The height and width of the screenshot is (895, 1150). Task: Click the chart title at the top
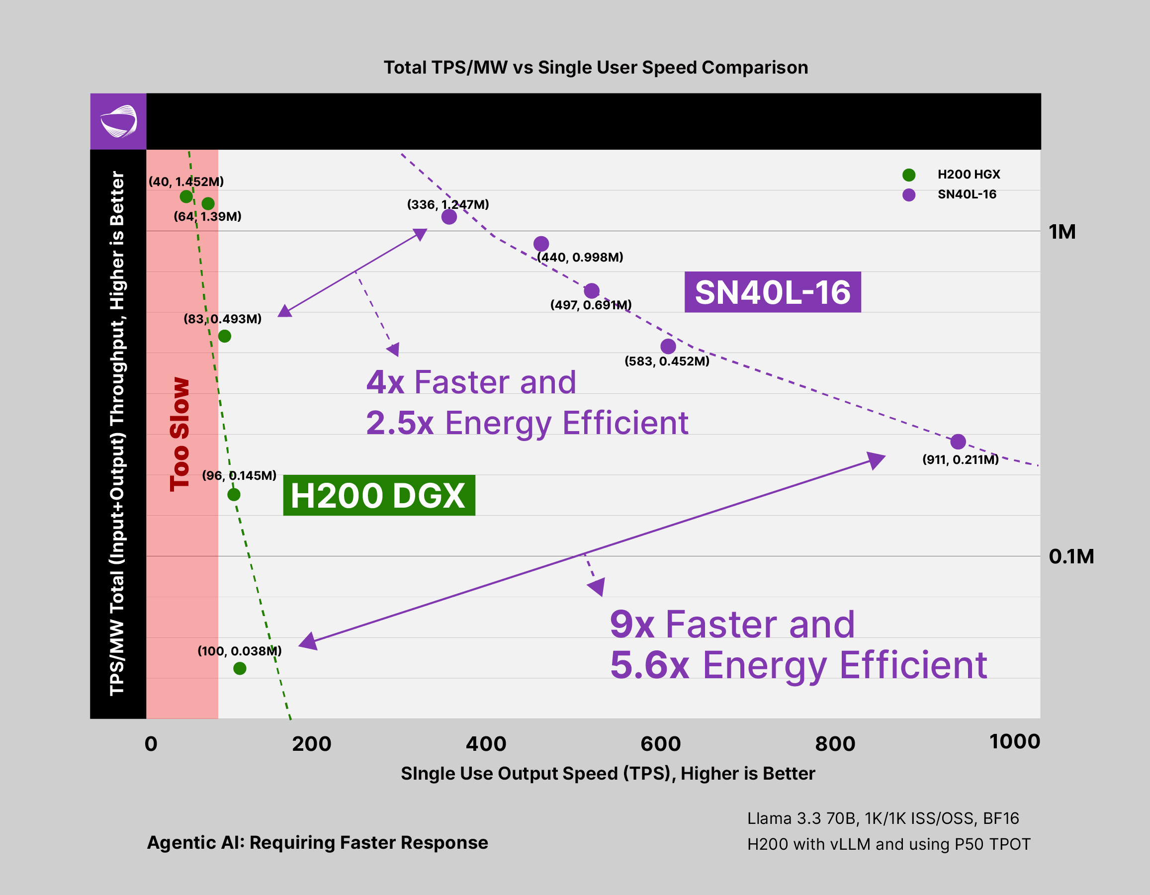(596, 68)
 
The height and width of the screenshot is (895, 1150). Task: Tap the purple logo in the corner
(118, 122)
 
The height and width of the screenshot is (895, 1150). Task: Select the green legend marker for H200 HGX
(909, 175)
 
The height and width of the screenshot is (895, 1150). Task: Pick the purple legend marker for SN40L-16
(909, 195)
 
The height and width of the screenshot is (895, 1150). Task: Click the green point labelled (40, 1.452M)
(186, 196)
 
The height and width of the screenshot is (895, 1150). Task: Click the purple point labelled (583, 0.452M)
(668, 347)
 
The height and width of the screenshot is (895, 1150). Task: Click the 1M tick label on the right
(1062, 232)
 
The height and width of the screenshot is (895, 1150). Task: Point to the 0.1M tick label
(1071, 556)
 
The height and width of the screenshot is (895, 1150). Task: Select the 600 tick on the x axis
(660, 744)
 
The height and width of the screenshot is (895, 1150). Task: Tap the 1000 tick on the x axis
(1015, 742)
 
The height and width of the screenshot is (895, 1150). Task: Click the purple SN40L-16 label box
(773, 292)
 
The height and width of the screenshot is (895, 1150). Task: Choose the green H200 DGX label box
(378, 495)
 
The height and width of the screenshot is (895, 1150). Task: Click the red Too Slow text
(179, 435)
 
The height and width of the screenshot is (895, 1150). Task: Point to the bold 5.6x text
(649, 665)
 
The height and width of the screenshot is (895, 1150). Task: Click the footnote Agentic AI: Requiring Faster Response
(318, 842)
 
